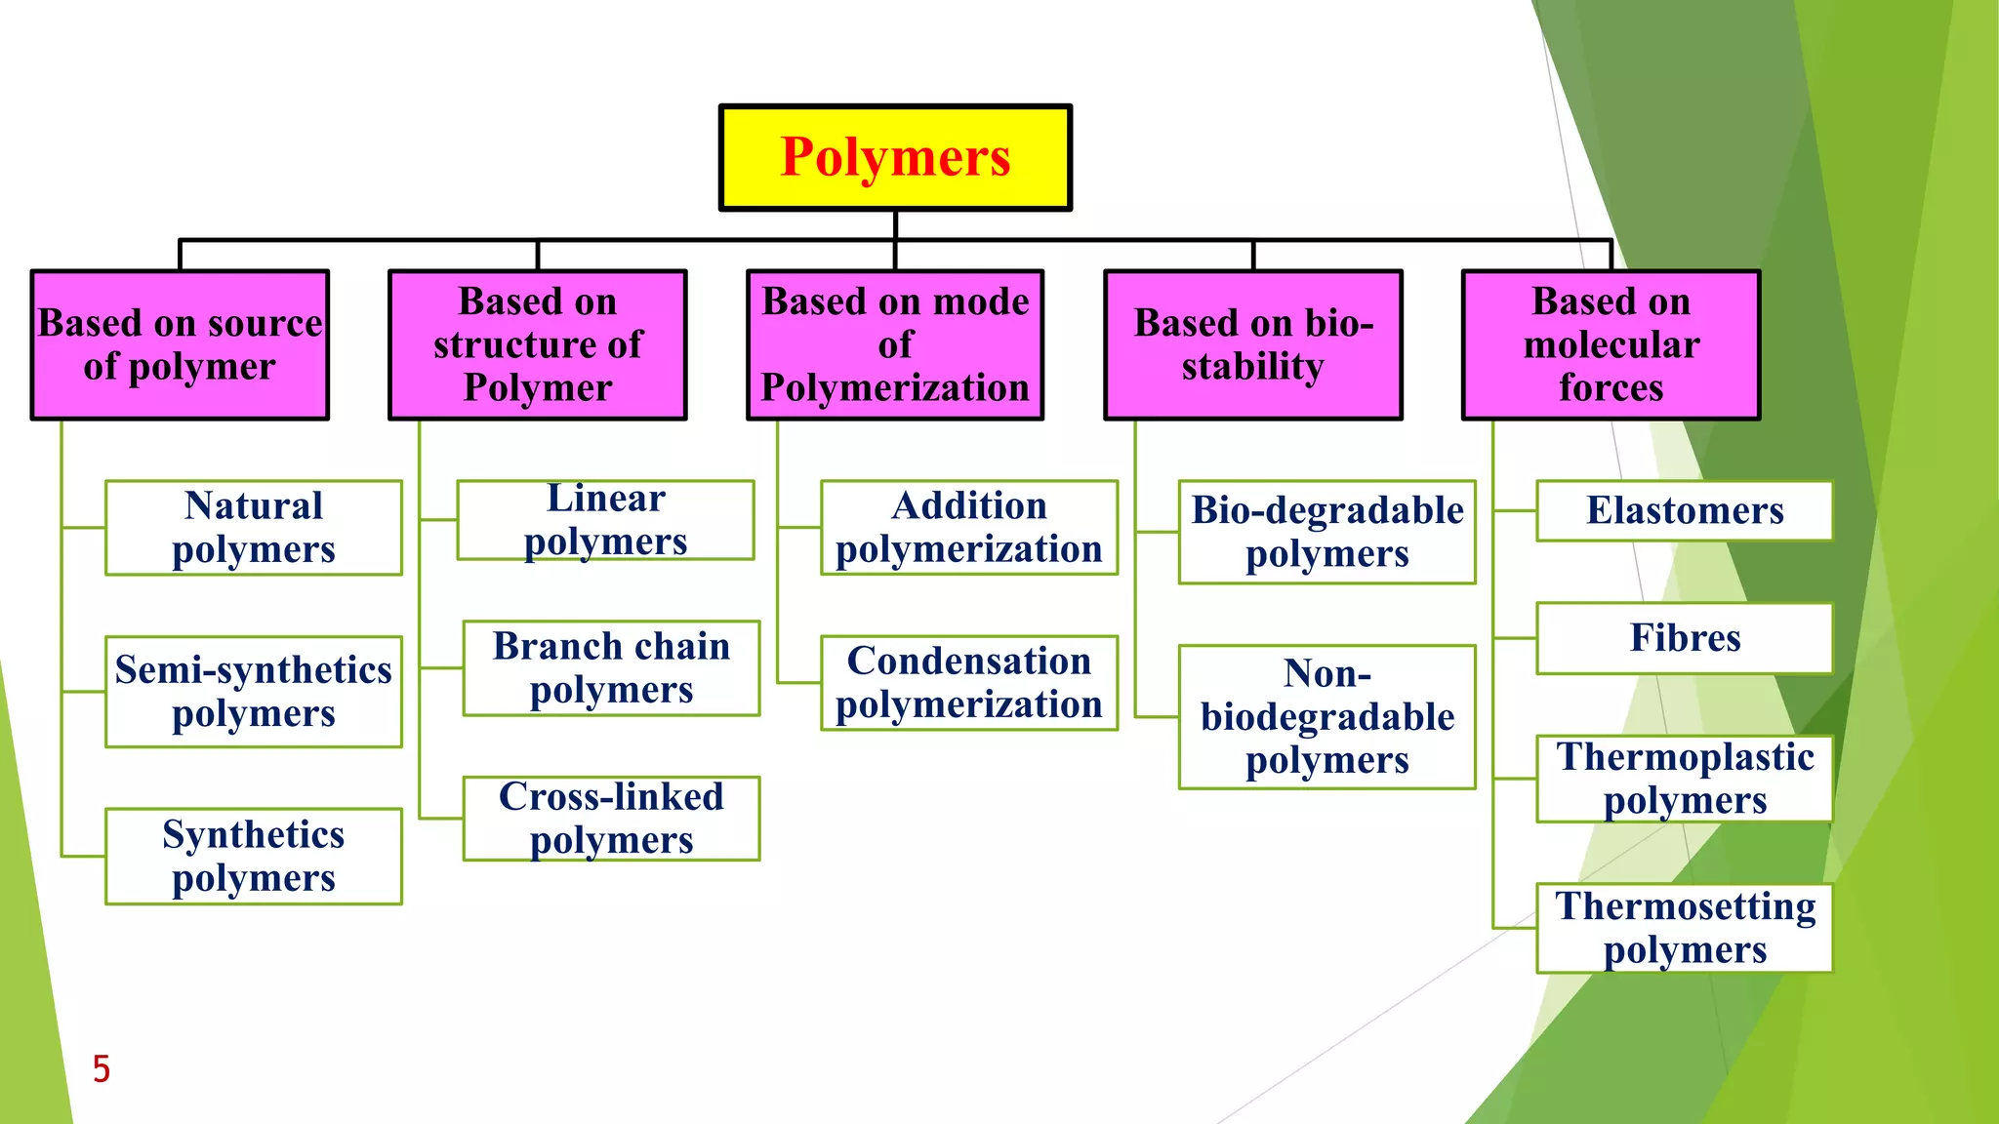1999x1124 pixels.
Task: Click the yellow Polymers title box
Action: [x=895, y=157]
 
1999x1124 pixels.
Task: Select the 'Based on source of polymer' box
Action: [x=180, y=345]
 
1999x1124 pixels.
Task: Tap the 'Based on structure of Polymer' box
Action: [x=537, y=345]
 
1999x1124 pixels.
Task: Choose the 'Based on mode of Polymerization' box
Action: [x=895, y=345]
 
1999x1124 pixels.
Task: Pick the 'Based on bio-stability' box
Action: [x=1253, y=345]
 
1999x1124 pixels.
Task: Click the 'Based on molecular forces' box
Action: [x=1611, y=345]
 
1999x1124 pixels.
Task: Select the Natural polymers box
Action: [x=254, y=528]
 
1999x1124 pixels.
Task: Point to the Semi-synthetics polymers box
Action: [x=254, y=692]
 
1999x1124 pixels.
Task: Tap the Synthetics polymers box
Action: [x=254, y=856]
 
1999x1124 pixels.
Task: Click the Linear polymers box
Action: [x=605, y=520]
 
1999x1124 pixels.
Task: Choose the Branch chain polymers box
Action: [x=611, y=668]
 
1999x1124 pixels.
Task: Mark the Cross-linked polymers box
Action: [x=611, y=819]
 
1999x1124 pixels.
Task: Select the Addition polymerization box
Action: [x=969, y=528]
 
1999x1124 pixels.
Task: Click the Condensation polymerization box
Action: [x=969, y=683]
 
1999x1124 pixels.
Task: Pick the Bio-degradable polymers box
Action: [x=1327, y=532]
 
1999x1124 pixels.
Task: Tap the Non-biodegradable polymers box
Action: [x=1327, y=717]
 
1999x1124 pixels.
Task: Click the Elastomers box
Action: [x=1685, y=510]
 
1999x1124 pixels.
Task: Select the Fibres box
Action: [x=1685, y=638]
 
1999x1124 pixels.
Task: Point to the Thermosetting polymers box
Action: [x=1685, y=928]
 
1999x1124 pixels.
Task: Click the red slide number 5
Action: [x=102, y=1069]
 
